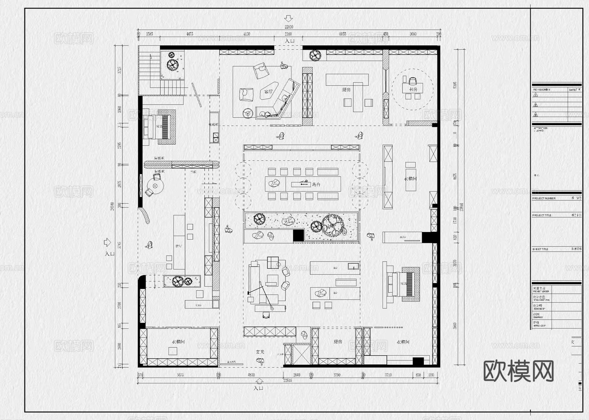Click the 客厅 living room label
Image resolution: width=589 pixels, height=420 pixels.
coord(268,92)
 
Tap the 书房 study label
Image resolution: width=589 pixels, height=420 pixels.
coord(413,89)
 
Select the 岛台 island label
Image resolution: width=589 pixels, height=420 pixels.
coord(316,185)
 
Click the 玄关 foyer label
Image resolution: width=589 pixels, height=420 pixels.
coord(260,352)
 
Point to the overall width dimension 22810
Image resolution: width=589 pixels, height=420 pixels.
coord(289,27)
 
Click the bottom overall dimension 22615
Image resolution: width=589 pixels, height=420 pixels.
coord(288,380)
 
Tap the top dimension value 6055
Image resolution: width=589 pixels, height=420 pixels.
coord(343,34)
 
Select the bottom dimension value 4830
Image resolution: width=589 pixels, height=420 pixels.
coord(251,375)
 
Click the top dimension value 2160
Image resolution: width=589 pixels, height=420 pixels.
coord(288,34)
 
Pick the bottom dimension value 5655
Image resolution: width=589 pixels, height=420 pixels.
coord(180,375)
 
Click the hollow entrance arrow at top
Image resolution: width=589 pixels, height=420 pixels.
coord(288,18)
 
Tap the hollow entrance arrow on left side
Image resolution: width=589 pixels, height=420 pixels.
coord(107,243)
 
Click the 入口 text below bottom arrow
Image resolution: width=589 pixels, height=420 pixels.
coord(258,388)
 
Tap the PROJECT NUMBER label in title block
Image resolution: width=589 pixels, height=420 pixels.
coord(544,198)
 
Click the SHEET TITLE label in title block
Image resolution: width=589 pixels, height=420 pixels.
coord(540,249)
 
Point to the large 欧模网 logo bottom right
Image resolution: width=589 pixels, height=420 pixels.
coord(519,371)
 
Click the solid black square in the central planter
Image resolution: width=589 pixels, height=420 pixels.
coord(298,235)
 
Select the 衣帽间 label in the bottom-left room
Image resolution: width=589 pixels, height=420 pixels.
coord(178,342)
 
